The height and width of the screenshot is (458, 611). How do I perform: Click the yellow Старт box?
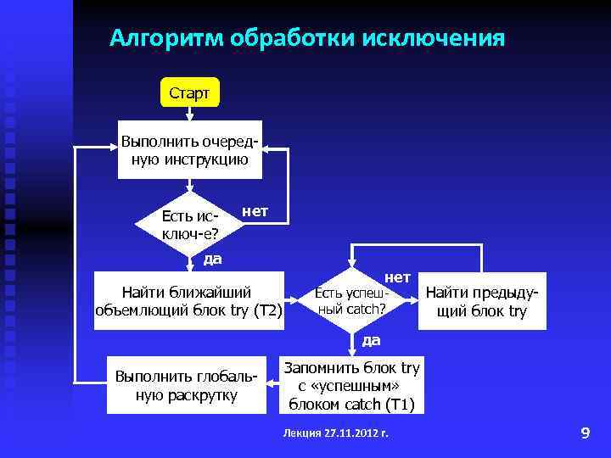coord(189,92)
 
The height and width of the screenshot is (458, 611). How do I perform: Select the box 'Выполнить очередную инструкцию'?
coord(189,149)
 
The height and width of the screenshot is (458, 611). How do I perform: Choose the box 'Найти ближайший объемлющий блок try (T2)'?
coord(188,300)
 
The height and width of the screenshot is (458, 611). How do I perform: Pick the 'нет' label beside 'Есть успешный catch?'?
coord(397,277)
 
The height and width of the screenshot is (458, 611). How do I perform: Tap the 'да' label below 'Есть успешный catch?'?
coord(371,340)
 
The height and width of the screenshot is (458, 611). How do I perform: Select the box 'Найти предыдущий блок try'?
coord(481,301)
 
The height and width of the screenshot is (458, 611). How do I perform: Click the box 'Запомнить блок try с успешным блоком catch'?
coord(351,386)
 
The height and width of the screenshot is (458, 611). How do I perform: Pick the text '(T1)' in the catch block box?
coord(398,405)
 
